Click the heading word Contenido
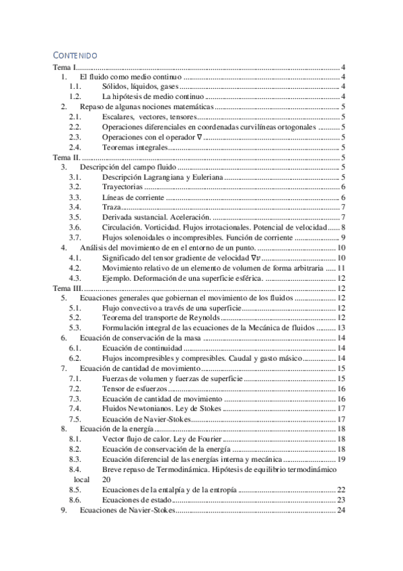click(75, 55)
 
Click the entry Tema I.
click(65, 68)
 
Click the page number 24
click(340, 511)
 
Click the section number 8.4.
click(75, 469)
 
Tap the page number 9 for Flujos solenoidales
click(342, 237)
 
